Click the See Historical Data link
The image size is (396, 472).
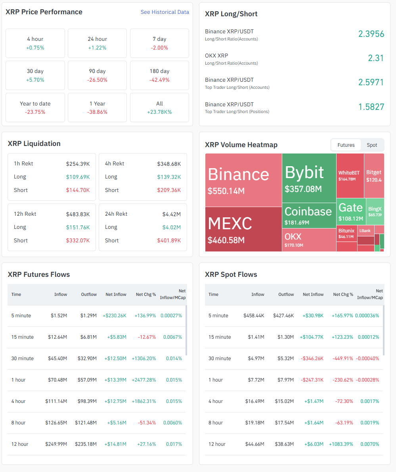(165, 12)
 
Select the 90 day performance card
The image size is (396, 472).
(97, 75)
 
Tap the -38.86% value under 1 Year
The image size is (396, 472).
(97, 112)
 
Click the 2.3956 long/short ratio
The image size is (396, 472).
(371, 34)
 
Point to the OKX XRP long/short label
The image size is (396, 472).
(216, 56)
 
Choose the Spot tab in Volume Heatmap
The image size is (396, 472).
(372, 145)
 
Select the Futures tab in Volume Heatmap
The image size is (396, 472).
(346, 145)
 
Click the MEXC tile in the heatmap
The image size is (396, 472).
(243, 229)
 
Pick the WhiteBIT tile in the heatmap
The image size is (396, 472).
(350, 176)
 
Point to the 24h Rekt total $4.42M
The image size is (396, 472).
(171, 214)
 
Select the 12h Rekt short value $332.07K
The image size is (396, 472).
(78, 241)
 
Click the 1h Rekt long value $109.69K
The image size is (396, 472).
(78, 177)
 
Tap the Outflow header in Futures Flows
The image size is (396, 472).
(89, 295)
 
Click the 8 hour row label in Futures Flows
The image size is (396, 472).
(19, 423)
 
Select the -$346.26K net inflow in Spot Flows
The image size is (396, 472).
(312, 359)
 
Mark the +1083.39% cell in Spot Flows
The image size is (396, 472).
(341, 444)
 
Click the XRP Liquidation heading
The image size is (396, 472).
(34, 144)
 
